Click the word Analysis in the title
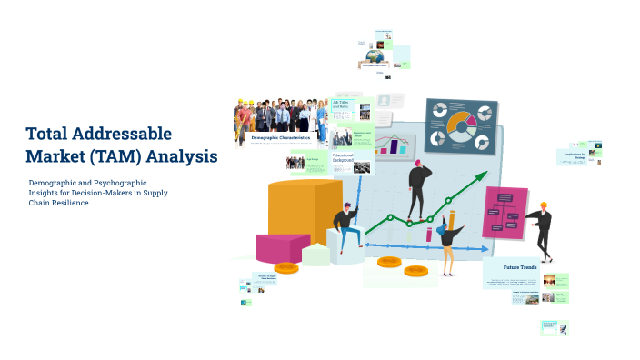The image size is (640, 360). pyautogui.click(x=180, y=156)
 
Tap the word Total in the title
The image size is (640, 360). pyautogui.click(x=49, y=134)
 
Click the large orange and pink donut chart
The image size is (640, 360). pyautogui.click(x=461, y=123)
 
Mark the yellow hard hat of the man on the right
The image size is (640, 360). pyautogui.click(x=544, y=205)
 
